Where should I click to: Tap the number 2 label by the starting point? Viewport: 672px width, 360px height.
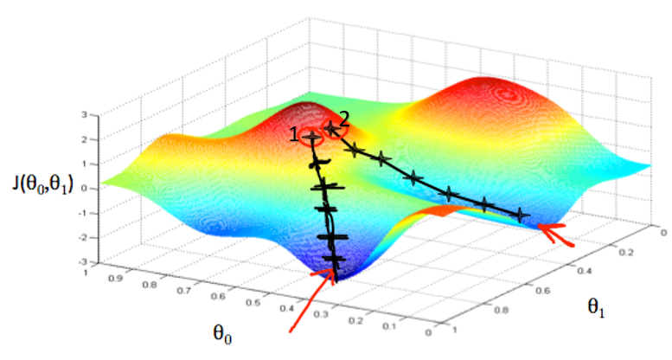click(343, 120)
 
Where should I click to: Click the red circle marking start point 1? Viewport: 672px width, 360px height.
click(310, 137)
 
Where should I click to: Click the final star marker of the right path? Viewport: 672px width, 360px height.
click(520, 214)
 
